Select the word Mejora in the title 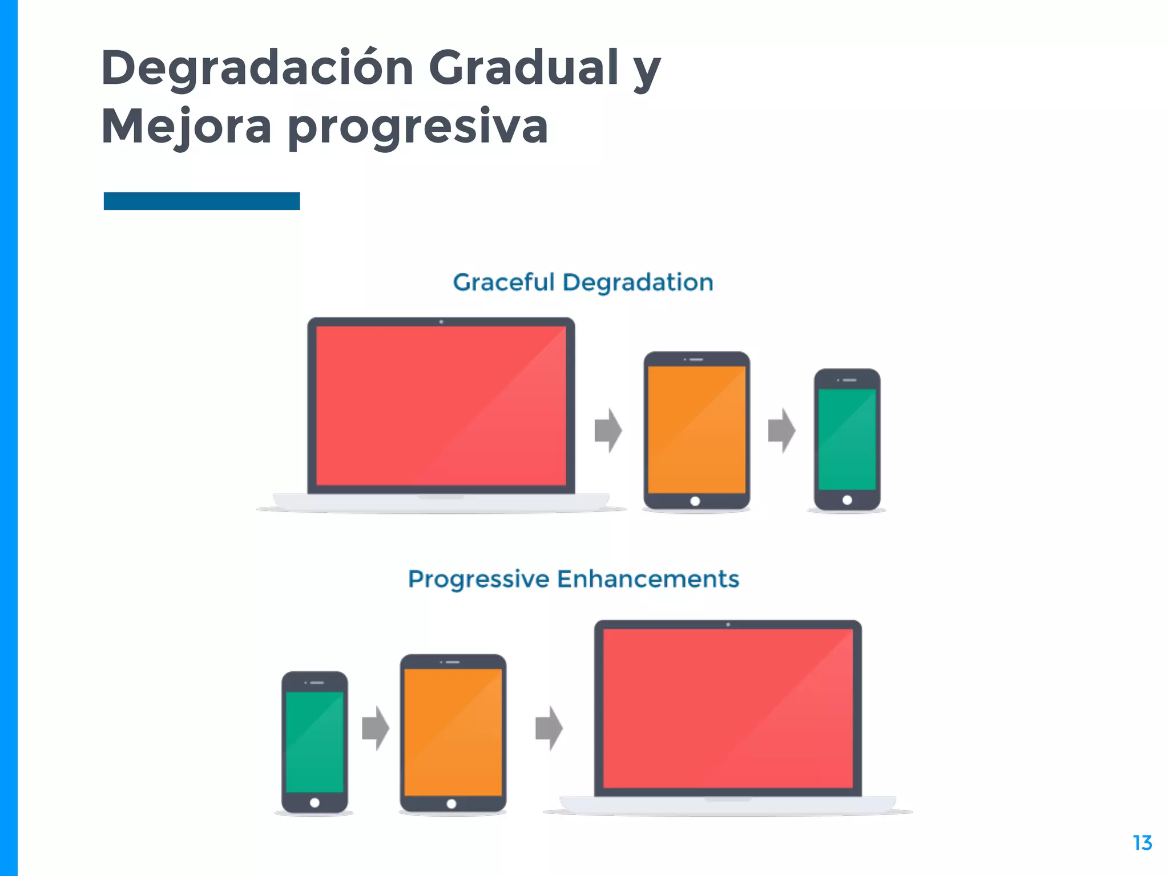pos(186,126)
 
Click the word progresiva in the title pos(418,126)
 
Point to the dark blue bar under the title pos(201,201)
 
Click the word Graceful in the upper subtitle pos(503,282)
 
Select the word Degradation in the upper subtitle pos(638,282)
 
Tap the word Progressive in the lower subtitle pos(478,579)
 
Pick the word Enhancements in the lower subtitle pos(648,579)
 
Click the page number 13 pos(1142,843)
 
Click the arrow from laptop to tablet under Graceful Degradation pos(608,431)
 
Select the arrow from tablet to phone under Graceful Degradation pos(781,431)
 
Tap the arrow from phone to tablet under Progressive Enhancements pos(376,728)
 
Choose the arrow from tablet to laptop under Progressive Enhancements pos(549,728)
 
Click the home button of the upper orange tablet pos(695,501)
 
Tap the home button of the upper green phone pos(847,500)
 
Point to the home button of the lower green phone pos(315,803)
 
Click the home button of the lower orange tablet pos(452,804)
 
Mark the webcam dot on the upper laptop pos(441,322)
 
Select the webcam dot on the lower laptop pos(728,624)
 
